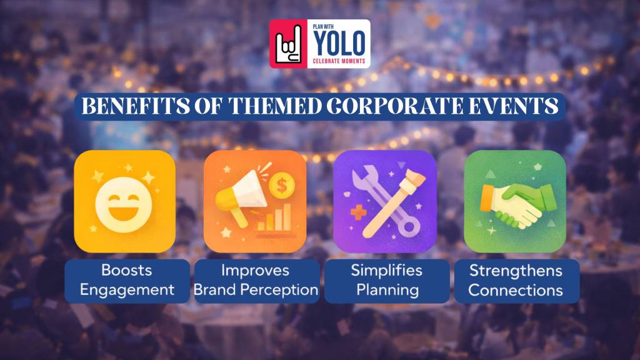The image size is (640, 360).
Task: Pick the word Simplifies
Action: (386, 271)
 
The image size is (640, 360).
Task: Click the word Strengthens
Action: (516, 271)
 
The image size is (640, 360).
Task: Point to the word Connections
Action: (516, 290)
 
